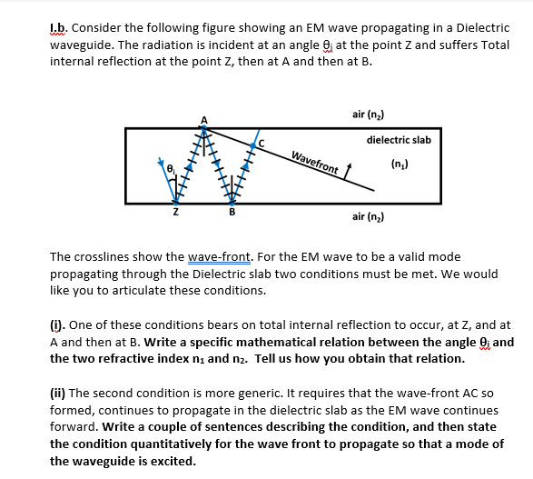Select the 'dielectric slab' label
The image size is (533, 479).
point(399,140)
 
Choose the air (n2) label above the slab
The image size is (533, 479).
point(368,115)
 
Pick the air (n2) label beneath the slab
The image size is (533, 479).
point(368,217)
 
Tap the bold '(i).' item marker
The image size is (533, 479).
point(58,324)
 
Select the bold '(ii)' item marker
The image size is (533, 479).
point(61,394)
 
